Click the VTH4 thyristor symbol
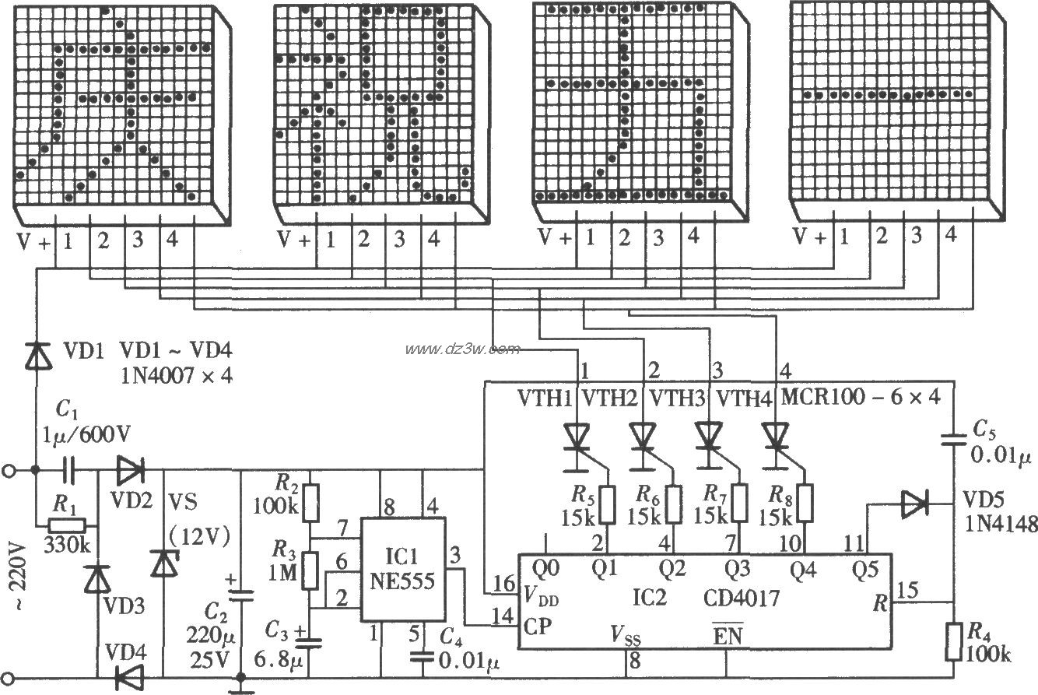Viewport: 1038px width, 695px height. (775, 436)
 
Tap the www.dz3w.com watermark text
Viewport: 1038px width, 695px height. (462, 348)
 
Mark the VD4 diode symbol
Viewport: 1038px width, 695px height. (128, 677)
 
